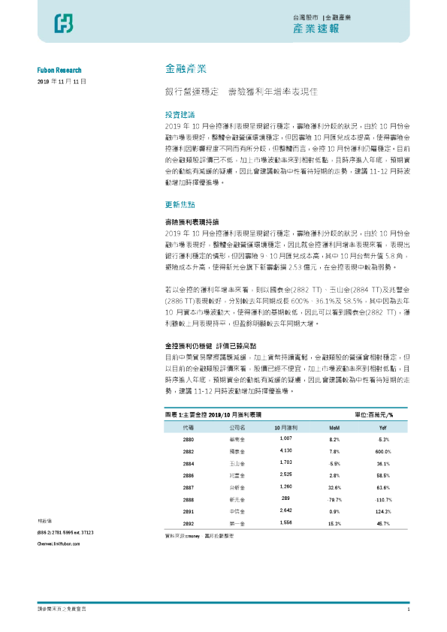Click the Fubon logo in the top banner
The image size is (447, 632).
(x=63, y=25)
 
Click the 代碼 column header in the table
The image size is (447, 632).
(x=189, y=426)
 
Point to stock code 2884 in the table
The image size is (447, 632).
(x=189, y=463)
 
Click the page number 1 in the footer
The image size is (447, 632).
(x=408, y=609)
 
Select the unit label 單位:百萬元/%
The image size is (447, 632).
(x=386, y=414)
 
